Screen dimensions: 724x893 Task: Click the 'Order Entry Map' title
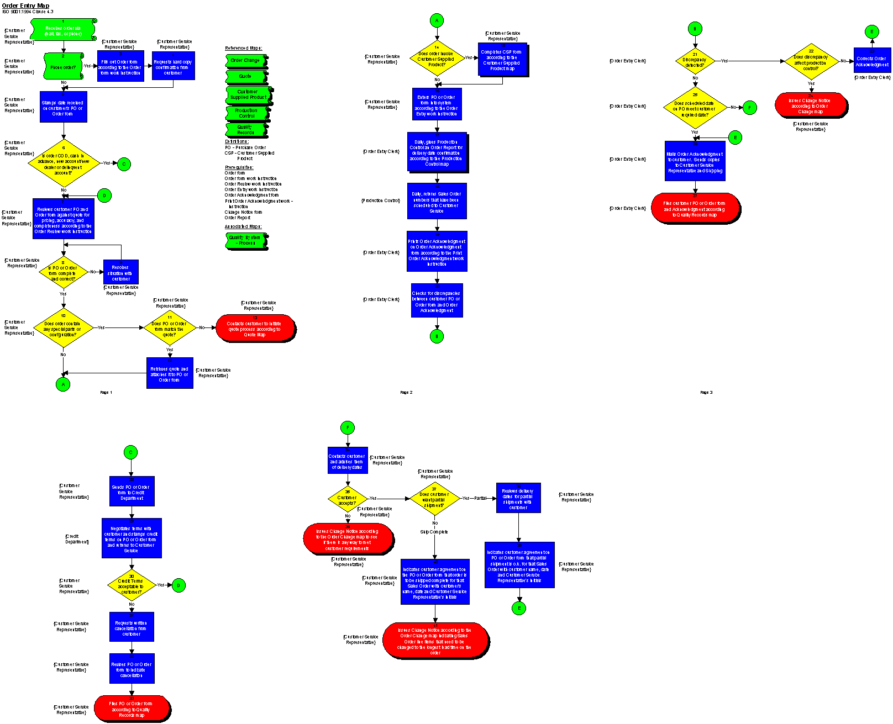pos(25,6)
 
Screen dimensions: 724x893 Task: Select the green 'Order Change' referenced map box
pos(245,60)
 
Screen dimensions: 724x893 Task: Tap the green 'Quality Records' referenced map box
pos(246,130)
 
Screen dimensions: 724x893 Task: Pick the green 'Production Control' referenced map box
pos(246,113)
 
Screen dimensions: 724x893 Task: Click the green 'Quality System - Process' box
pos(245,240)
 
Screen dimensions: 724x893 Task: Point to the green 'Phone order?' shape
pos(63,66)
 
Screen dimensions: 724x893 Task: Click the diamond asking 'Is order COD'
pos(63,163)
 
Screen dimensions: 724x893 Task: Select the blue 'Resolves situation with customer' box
pos(120,272)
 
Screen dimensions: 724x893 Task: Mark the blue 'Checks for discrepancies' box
pos(437,301)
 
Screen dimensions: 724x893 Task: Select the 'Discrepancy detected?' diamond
pos(695,61)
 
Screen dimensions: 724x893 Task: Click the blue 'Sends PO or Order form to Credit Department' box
pos(132,492)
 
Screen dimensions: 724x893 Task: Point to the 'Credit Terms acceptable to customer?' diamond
pos(131,585)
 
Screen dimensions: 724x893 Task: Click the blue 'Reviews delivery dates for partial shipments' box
pos(518,498)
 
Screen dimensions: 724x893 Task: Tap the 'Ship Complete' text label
pos(434,532)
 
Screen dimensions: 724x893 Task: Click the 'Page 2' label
pos(406,393)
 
